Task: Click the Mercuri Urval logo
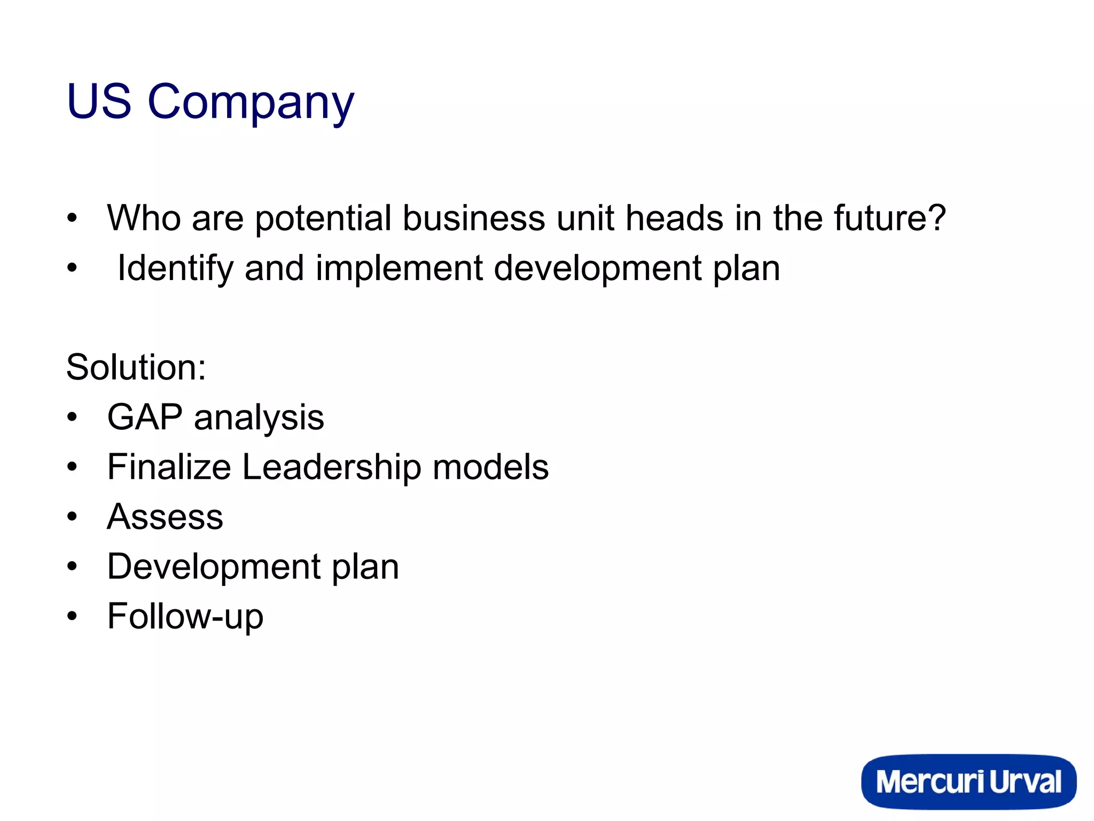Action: point(968,781)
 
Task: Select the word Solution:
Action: point(136,367)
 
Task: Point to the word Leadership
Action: point(331,467)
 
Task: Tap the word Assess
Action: point(165,517)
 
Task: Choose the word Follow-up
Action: point(185,616)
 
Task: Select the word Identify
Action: point(175,268)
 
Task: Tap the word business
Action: point(474,218)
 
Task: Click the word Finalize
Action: point(169,467)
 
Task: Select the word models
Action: point(490,467)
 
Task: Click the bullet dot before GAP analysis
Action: point(72,417)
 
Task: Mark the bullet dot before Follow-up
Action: point(72,616)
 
